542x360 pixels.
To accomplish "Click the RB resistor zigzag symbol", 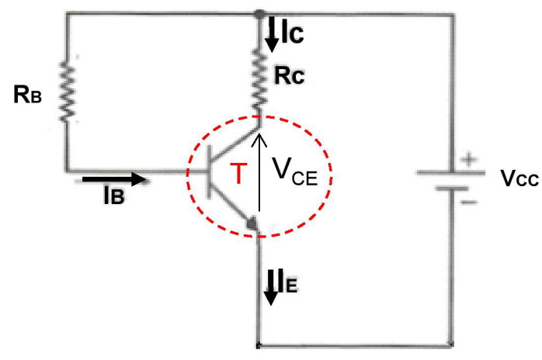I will pos(67,91).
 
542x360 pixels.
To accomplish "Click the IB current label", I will pos(113,196).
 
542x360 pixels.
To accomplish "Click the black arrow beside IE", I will pos(270,287).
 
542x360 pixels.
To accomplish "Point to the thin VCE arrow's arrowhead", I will pos(259,138).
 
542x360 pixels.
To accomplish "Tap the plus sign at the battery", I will pos(468,160).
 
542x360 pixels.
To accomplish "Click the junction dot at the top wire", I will pos(258,13).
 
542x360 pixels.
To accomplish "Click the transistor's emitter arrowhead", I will pos(252,223).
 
